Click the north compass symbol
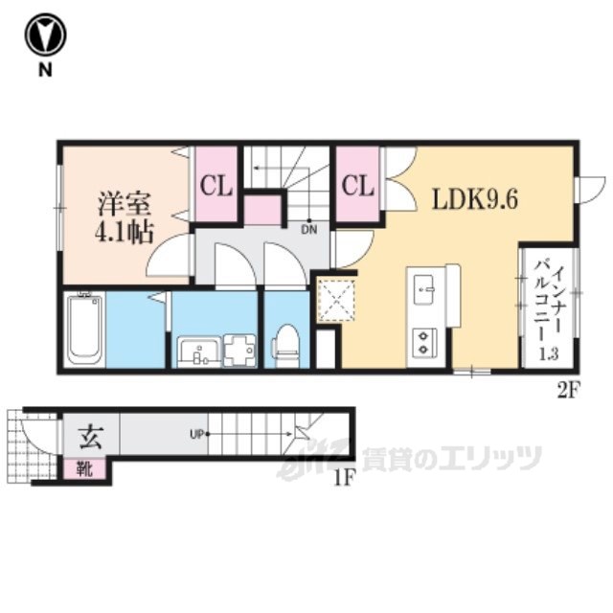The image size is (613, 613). (x=45, y=35)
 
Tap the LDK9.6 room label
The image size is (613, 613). (x=475, y=200)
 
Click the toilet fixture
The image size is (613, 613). (x=286, y=346)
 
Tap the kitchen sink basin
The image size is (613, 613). (x=423, y=289)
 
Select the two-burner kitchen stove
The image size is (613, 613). (x=423, y=342)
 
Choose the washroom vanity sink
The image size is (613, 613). (x=199, y=352)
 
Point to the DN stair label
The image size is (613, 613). (x=308, y=230)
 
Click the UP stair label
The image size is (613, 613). (x=197, y=434)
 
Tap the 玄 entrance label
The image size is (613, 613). (x=91, y=437)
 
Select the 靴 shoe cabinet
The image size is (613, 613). (x=85, y=468)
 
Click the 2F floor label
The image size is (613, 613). (x=567, y=391)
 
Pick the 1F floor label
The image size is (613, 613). (x=344, y=477)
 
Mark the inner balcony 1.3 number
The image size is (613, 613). (x=549, y=353)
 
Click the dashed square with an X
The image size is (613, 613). (x=335, y=300)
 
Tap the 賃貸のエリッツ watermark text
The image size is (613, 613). (x=451, y=458)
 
